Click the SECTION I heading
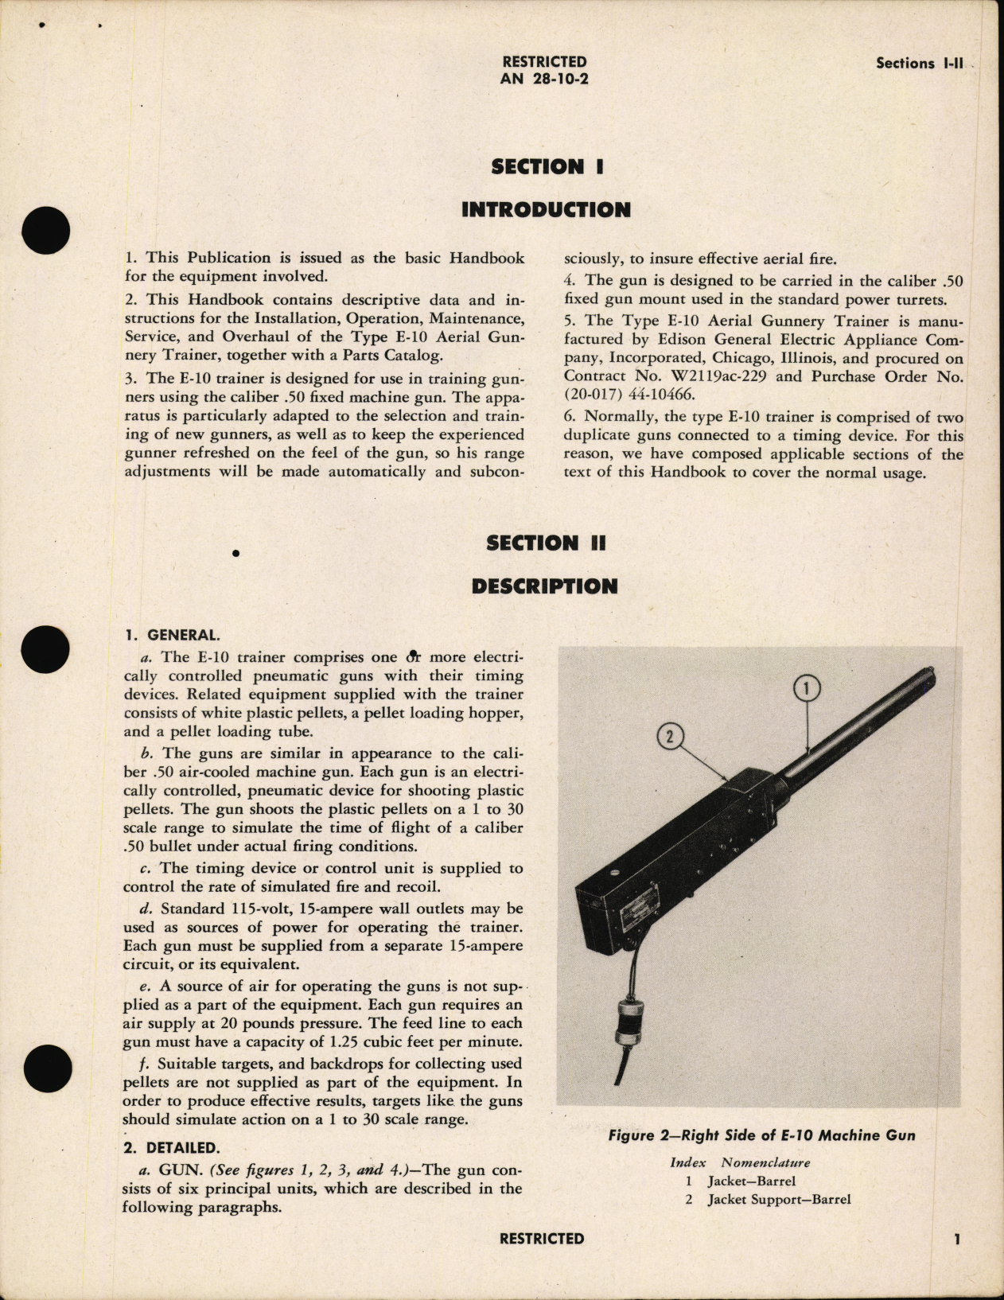coord(547,167)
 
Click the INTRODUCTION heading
coord(546,210)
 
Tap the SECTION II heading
coord(546,543)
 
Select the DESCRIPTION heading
coord(544,586)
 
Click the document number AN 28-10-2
coord(544,79)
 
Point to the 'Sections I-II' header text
coord(919,64)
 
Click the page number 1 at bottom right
coord(958,1239)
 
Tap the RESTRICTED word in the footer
coord(542,1239)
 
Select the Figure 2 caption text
coord(761,1135)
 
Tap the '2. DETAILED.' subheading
coord(169,1148)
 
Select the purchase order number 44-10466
coord(666,396)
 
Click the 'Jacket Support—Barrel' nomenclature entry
coord(779,1199)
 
